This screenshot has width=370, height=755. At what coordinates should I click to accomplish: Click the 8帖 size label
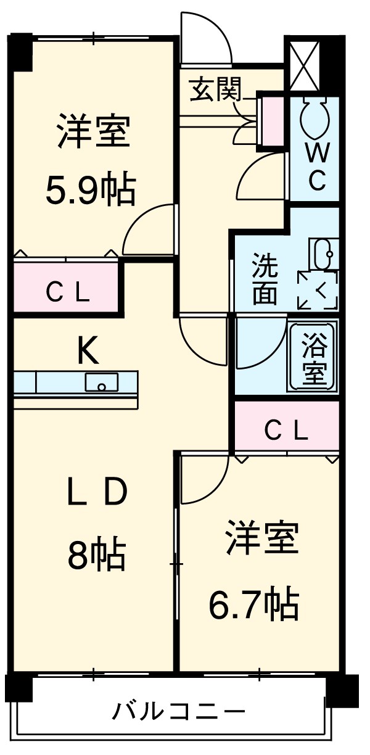click(x=97, y=555)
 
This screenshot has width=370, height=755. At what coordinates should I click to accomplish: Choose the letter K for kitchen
click(x=88, y=353)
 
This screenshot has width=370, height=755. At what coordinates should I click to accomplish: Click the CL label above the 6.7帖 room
click(x=286, y=431)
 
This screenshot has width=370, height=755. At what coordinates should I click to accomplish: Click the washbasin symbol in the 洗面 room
click(x=325, y=253)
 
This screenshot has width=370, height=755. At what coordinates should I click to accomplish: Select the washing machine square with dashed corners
click(x=318, y=289)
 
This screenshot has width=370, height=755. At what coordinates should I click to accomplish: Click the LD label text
click(x=97, y=492)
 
